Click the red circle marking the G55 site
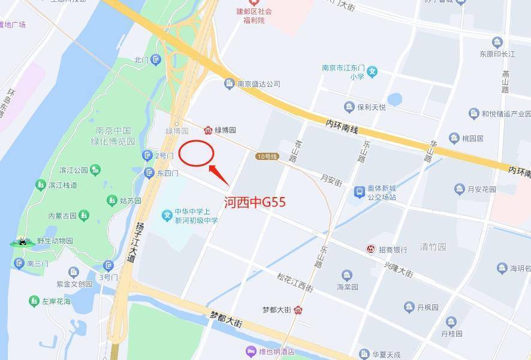pos(197,153)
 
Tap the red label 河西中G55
pos(255,202)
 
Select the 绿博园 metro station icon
pos(208,130)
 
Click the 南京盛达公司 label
pos(258,84)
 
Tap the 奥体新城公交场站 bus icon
pos(359,192)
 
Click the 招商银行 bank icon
pos(372,249)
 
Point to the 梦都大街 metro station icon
pos(298,310)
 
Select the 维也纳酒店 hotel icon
pos(250,351)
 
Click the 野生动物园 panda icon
pos(22,242)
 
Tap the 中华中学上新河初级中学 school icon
pos(167,215)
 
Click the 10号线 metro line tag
pos(267,156)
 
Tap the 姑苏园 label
pos(130,200)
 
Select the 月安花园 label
pos(482,189)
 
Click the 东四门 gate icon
pos(149,173)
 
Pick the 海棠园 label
pos(347,287)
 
